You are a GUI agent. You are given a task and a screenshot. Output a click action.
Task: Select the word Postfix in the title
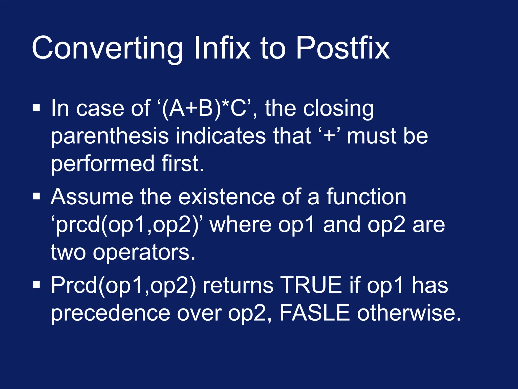pyautogui.click(x=342, y=48)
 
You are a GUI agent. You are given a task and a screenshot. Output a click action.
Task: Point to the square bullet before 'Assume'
pyautogui.click(x=36, y=196)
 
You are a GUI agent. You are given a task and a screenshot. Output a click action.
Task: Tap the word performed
pyautogui.click(x=102, y=164)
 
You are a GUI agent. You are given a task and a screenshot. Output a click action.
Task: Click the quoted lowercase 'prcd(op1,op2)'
pyautogui.click(x=128, y=225)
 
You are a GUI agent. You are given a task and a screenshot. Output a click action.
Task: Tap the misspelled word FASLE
pyautogui.click(x=315, y=313)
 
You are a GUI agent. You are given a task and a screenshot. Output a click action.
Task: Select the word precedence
pyautogui.click(x=111, y=314)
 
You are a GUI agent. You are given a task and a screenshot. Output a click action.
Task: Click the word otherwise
pyautogui.click(x=408, y=313)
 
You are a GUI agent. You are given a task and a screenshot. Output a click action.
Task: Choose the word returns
pyautogui.click(x=238, y=286)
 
